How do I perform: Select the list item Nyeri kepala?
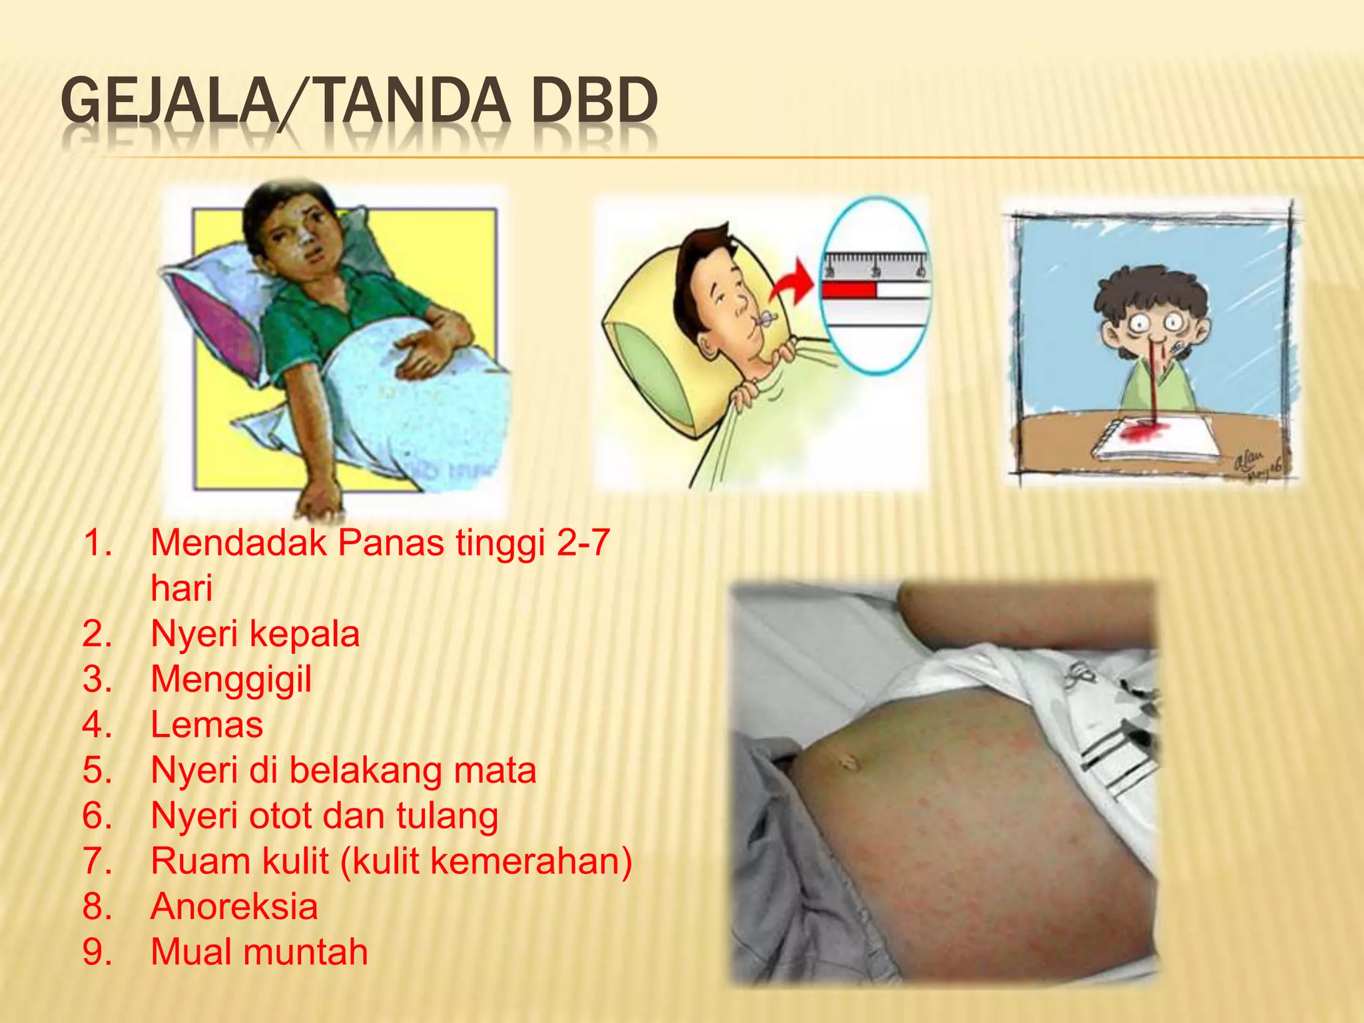tap(254, 633)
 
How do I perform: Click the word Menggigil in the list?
tap(231, 679)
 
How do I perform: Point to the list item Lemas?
tap(207, 725)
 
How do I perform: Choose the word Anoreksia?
tap(234, 906)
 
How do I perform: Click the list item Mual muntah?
tap(259, 952)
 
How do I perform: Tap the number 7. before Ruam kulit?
tap(97, 861)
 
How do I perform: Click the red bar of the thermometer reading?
tap(849, 290)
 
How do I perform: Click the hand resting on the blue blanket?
tap(426, 346)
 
